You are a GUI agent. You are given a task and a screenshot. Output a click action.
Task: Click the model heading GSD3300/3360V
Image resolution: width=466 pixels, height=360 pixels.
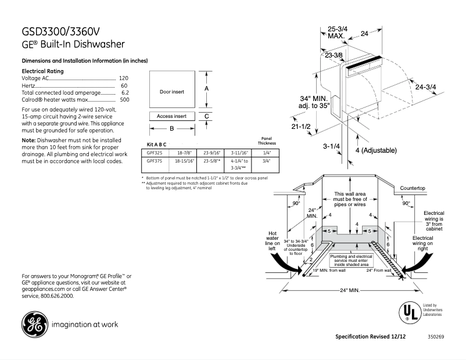click(x=64, y=31)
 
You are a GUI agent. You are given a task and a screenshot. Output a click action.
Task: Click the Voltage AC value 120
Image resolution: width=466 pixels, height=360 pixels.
click(x=123, y=78)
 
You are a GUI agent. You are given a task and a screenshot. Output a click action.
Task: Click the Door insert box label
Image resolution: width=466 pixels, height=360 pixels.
click(x=171, y=92)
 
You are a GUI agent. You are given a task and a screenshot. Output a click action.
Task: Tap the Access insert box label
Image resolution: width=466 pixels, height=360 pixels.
click(x=171, y=116)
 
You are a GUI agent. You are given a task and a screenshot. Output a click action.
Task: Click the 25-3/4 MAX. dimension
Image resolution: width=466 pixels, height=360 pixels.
click(x=337, y=32)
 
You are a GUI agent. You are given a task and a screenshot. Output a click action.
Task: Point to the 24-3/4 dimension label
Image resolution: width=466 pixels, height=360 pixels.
click(x=426, y=87)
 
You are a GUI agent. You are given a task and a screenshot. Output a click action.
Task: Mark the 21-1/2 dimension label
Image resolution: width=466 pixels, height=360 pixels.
click(x=302, y=126)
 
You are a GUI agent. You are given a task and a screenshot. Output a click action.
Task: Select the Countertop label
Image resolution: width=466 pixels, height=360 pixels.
click(x=413, y=188)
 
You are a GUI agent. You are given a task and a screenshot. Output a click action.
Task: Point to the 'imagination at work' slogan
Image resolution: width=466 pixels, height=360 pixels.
click(x=84, y=325)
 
